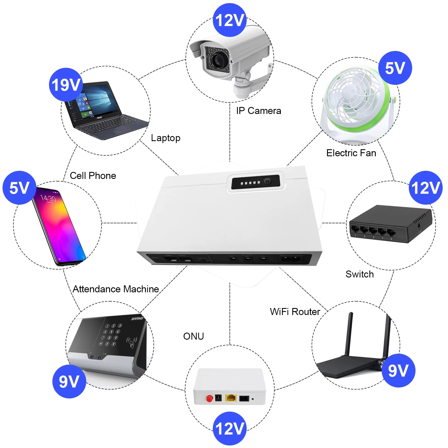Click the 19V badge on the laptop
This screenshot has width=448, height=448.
66,85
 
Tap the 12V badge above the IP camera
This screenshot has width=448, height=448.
230,20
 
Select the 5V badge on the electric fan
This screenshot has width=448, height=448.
395,68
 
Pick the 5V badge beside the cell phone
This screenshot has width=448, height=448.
19,188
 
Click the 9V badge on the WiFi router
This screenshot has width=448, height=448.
398,370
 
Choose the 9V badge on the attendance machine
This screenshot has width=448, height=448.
69,381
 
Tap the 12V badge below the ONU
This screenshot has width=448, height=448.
230,428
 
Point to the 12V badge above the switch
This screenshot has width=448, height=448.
426,188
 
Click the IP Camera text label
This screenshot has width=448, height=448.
258,111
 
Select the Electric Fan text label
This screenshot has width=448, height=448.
351,153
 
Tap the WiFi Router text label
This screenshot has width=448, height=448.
295,312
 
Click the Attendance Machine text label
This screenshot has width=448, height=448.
116,289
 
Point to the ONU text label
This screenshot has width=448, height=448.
193,336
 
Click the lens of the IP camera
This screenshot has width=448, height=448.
217,59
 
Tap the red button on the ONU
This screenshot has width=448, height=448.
209,398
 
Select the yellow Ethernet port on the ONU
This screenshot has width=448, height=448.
231,398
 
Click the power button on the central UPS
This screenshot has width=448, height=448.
268,181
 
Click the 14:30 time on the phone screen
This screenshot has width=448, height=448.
48,198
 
